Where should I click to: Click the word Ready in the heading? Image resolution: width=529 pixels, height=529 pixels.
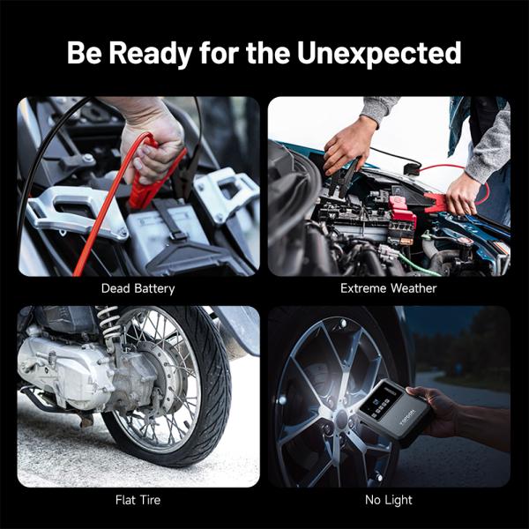(x=157, y=52)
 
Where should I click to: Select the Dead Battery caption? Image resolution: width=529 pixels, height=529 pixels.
(x=138, y=288)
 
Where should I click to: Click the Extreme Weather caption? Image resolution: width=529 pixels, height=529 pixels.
(x=389, y=288)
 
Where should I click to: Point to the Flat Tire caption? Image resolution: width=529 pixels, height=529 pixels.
(x=138, y=500)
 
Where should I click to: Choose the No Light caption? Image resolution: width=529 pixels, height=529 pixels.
(x=389, y=500)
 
